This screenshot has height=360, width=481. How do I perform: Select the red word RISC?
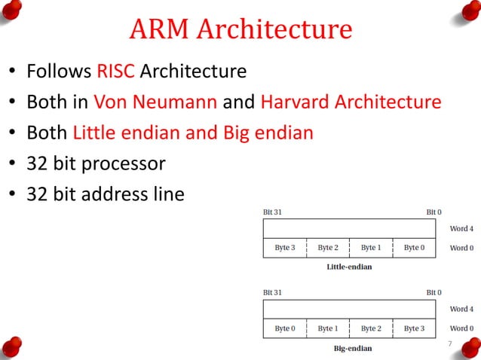(115, 72)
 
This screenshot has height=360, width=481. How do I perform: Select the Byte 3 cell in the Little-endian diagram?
(284, 248)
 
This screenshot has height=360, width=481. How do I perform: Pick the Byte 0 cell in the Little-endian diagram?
(414, 248)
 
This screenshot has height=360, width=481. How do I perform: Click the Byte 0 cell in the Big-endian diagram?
(284, 328)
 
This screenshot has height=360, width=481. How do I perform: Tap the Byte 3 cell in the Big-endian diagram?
(414, 328)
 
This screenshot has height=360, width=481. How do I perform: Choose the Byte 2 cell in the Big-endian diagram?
(371, 328)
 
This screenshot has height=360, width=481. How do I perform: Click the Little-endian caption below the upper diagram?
(349, 267)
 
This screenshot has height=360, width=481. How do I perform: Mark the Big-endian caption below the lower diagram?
(352, 349)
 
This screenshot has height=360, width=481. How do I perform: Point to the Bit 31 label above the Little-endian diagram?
(273, 212)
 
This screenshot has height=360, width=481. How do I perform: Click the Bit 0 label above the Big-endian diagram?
(434, 292)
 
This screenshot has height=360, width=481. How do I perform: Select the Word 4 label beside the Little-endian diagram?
(461, 228)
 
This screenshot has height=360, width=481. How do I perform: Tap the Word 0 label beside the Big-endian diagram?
(461, 329)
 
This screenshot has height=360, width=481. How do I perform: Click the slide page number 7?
(449, 344)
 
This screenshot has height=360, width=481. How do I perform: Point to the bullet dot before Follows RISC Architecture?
(12, 74)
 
